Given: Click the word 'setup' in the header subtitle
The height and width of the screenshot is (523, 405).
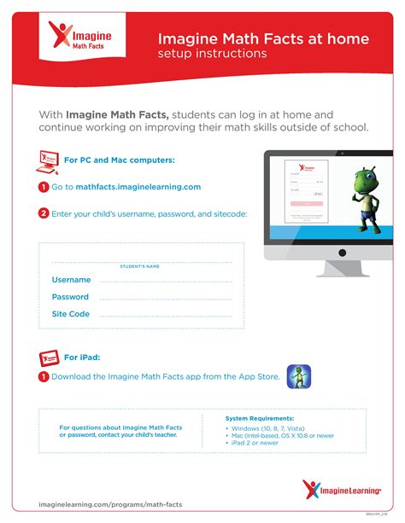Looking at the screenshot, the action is point(175,54).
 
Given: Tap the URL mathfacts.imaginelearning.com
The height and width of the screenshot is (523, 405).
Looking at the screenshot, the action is point(138,187).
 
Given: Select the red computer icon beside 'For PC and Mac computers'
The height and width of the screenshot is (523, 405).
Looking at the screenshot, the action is point(48,159).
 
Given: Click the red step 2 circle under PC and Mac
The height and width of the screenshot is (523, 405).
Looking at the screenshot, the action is point(44,213).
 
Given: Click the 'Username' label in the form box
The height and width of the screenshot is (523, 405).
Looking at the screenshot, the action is point(71,280).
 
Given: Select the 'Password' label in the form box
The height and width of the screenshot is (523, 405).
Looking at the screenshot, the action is point(70,297).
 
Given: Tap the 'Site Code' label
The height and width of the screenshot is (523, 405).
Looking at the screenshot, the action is point(71,314).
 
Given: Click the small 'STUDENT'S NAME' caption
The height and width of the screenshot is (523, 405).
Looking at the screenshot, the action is point(140,266).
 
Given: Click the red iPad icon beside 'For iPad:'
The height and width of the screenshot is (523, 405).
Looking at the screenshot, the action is point(48,357).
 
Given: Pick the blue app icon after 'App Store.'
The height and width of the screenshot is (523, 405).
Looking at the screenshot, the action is point(298,375).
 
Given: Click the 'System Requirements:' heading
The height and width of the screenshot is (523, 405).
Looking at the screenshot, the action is point(260,419).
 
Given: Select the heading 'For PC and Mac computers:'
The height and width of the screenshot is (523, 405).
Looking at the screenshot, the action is point(120,160).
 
